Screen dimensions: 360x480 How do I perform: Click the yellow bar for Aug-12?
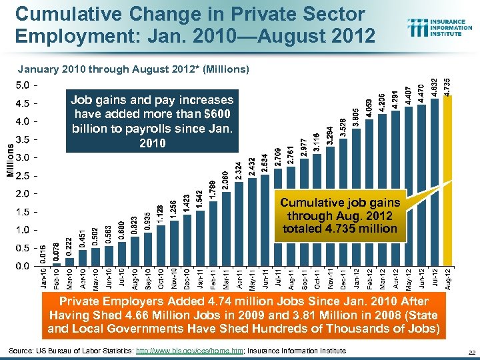[x=448, y=180]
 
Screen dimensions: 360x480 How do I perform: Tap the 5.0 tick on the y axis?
[x=21, y=85]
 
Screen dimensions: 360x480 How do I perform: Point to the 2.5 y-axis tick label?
[x=21, y=176]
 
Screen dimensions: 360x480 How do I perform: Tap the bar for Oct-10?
[x=160, y=247]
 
